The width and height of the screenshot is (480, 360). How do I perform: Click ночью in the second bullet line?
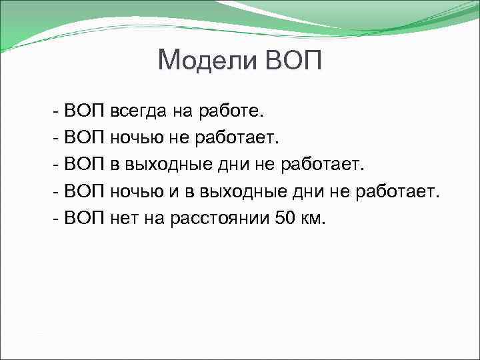137,137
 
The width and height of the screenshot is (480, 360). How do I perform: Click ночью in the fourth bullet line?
137,192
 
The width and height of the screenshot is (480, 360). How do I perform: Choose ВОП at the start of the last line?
85,219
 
